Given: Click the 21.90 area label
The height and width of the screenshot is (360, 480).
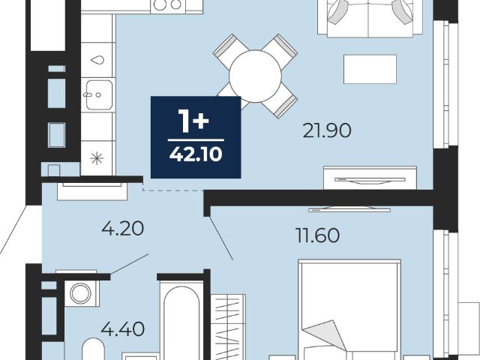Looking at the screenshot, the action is (x=327, y=130).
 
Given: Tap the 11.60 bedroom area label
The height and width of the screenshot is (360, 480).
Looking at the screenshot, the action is (x=318, y=235).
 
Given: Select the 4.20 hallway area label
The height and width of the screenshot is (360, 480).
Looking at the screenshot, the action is (x=123, y=228).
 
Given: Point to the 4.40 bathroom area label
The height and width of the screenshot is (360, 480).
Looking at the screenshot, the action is (x=123, y=329).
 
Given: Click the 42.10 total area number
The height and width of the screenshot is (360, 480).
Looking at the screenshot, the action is (x=196, y=154).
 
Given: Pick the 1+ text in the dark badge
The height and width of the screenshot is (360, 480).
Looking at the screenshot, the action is (x=193, y=121).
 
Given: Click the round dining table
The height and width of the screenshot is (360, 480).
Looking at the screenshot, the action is (x=255, y=76).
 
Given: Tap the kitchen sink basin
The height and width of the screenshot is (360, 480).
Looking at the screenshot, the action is (x=99, y=95).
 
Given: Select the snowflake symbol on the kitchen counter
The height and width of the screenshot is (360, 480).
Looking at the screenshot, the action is (x=97, y=158).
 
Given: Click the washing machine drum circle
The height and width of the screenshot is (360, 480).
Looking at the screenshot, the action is (x=80, y=293).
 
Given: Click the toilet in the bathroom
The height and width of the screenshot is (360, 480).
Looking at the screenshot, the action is (x=93, y=349).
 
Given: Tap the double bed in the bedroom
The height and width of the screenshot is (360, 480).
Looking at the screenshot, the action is (x=349, y=310).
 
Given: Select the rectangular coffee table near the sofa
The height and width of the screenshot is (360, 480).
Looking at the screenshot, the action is (x=370, y=69).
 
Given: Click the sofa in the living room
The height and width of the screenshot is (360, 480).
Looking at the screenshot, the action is (x=370, y=18).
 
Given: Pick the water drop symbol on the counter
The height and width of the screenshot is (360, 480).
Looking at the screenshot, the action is (x=97, y=60).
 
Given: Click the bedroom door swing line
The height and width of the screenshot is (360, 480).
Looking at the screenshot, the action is (x=220, y=238).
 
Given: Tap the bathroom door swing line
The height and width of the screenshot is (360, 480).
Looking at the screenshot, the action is (x=130, y=264).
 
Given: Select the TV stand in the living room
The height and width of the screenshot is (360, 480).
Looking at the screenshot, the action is (x=370, y=178).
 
